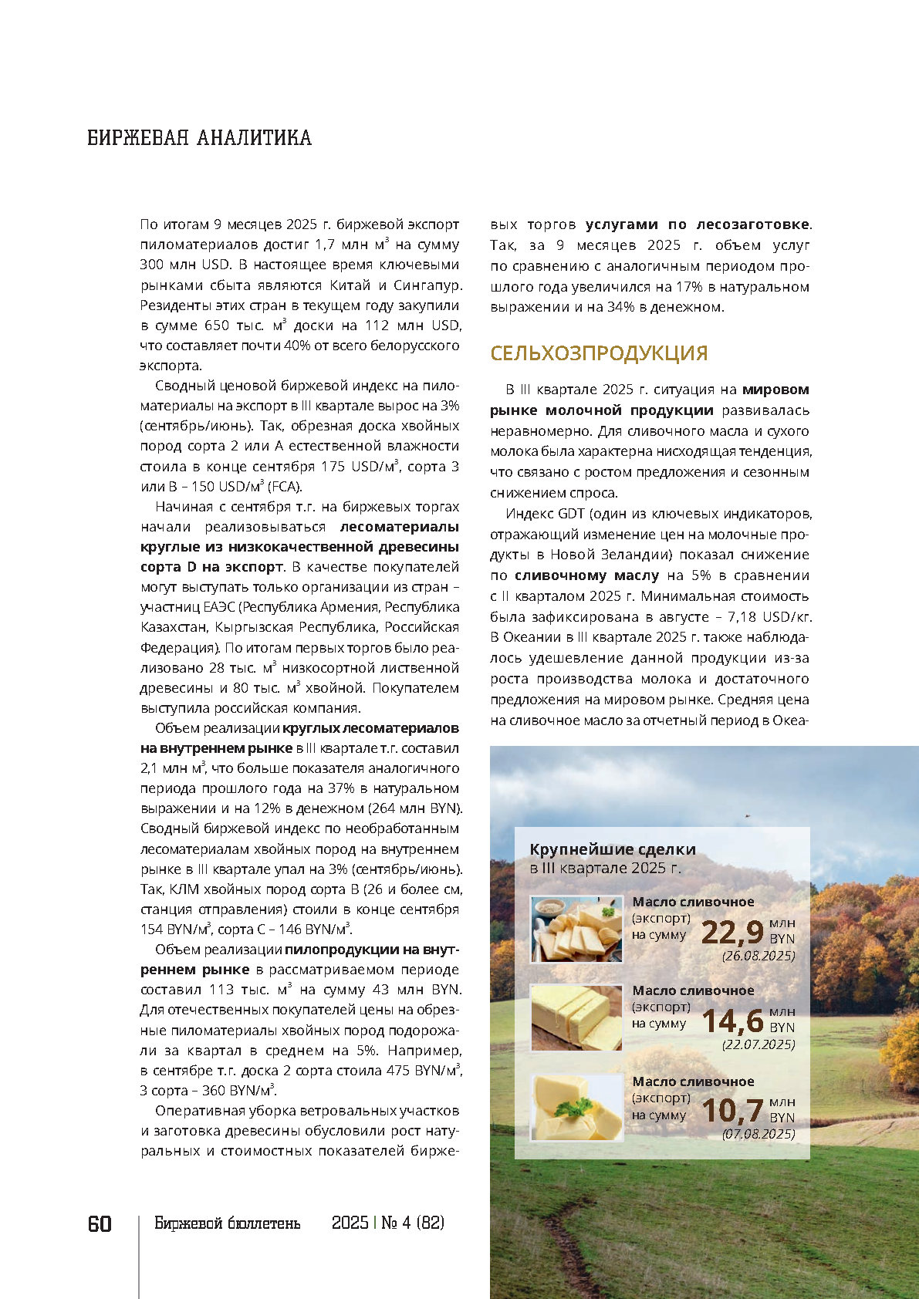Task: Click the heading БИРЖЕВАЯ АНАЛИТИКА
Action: (x=199, y=138)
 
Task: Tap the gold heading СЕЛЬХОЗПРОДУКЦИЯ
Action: (x=599, y=353)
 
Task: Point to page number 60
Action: (x=100, y=1224)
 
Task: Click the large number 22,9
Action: (x=732, y=932)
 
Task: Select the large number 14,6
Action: (x=732, y=1021)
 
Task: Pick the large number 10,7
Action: (x=732, y=1112)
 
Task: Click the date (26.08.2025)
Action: (x=758, y=956)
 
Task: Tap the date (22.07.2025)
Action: (x=758, y=1044)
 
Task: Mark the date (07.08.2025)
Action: (x=758, y=1134)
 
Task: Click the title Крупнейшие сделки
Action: (x=613, y=849)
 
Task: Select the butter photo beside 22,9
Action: (x=576, y=930)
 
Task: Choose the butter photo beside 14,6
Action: (x=576, y=1018)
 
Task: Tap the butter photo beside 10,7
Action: (x=576, y=1108)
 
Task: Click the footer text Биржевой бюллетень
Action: (x=227, y=1223)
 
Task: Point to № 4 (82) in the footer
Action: (x=413, y=1223)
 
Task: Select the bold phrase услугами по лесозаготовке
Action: (x=697, y=224)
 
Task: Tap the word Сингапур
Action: (x=428, y=285)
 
